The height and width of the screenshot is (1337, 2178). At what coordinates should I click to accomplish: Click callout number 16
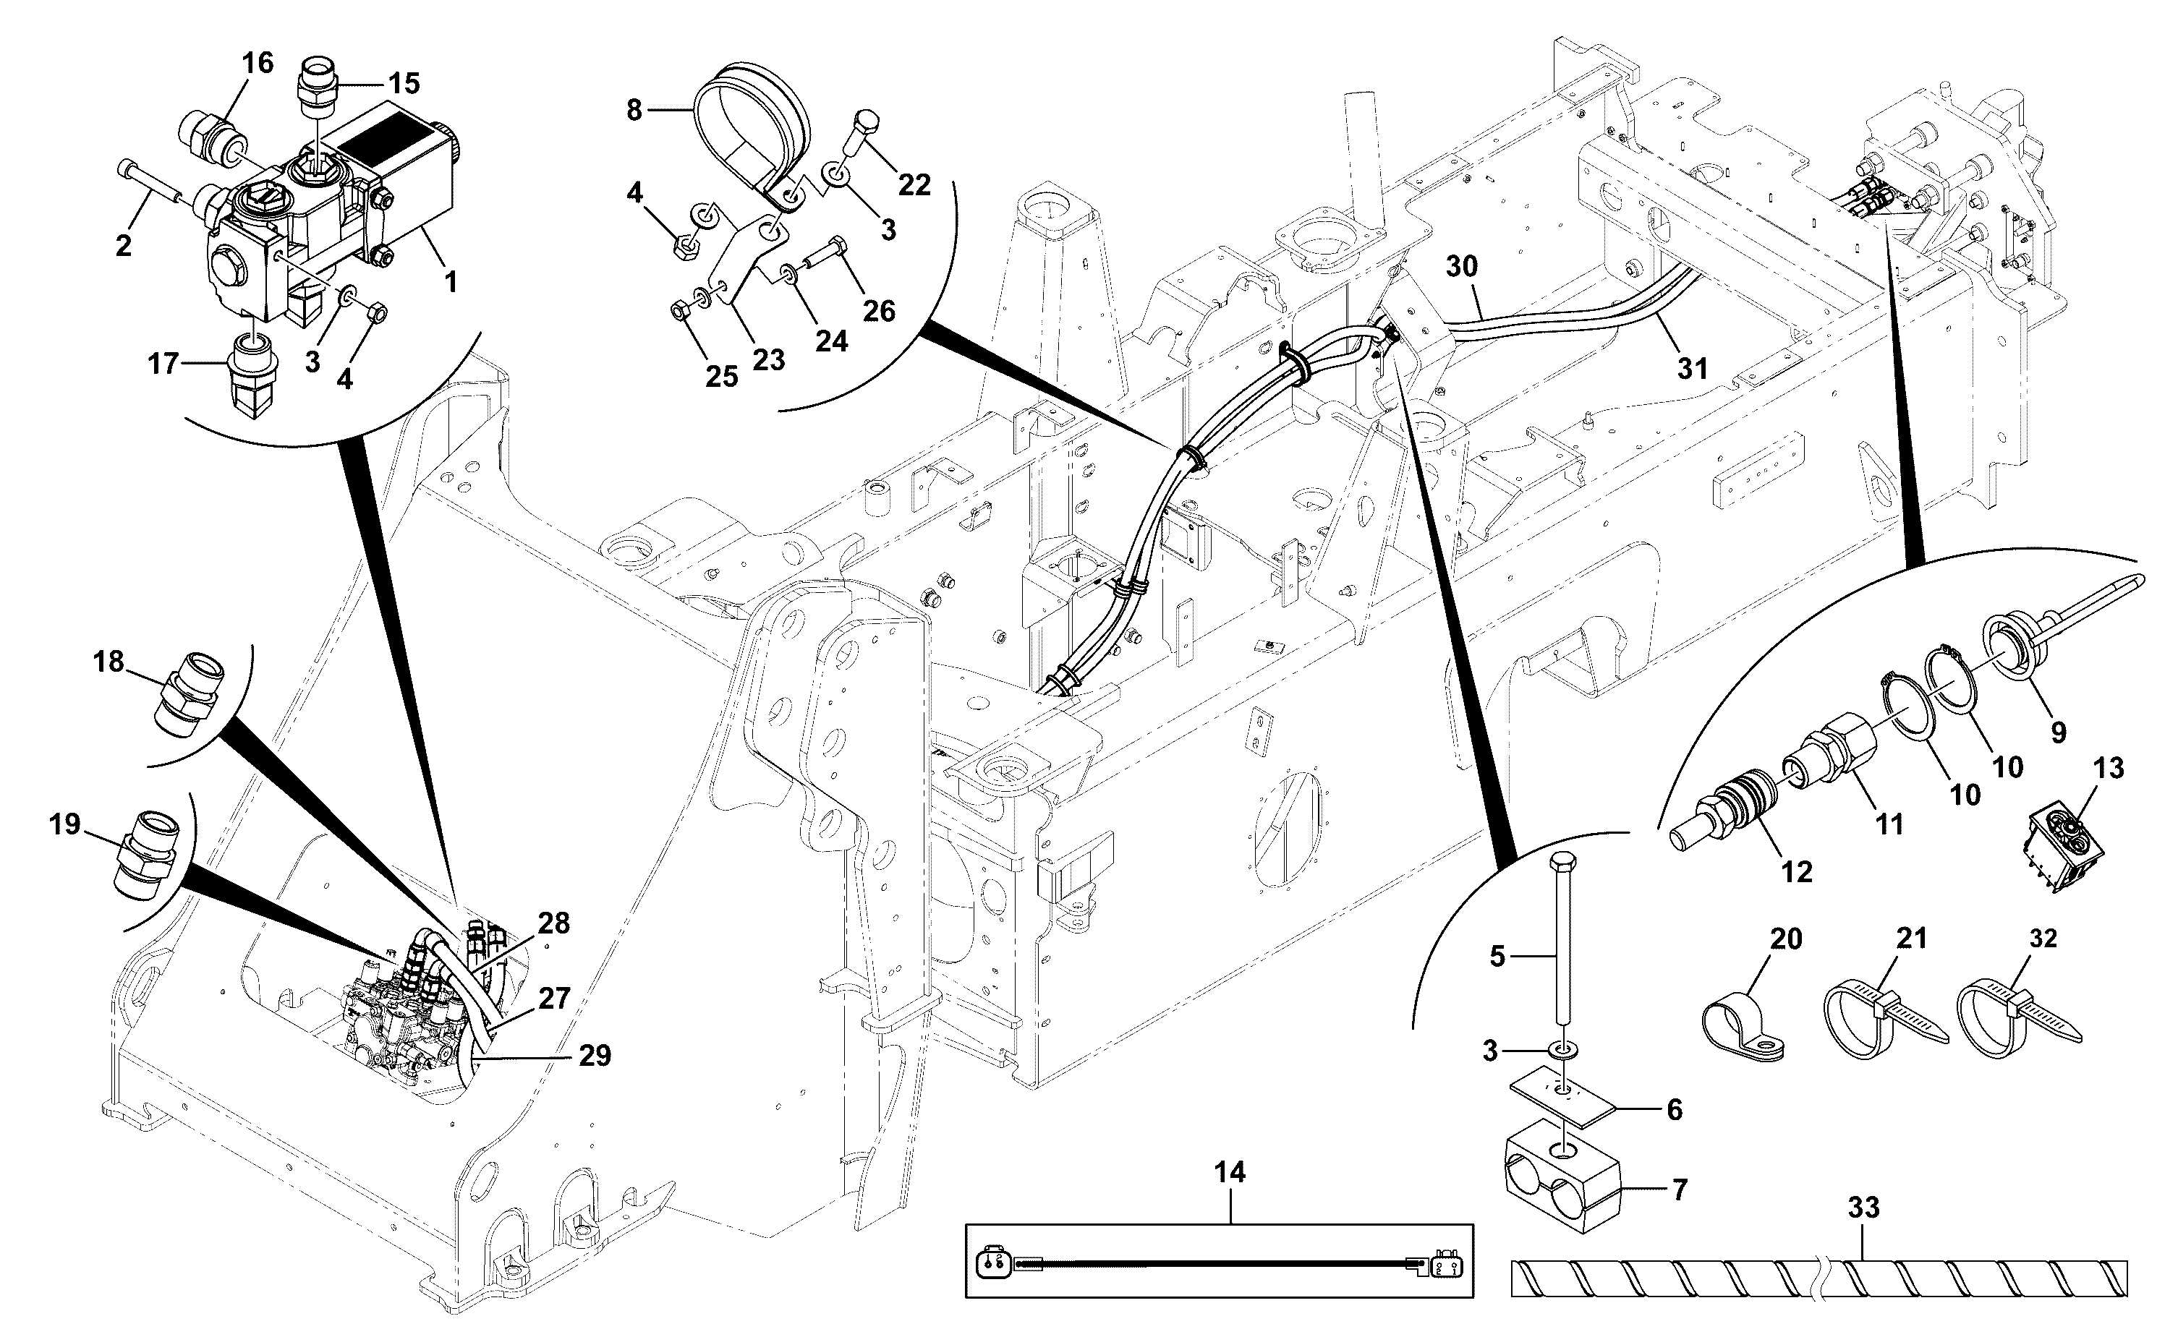tap(258, 63)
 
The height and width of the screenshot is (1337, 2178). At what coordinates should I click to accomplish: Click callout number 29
tap(595, 1055)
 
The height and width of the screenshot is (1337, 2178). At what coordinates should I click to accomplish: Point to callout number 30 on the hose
tap(1462, 265)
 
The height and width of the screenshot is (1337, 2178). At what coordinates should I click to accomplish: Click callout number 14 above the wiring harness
tap(1230, 1173)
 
